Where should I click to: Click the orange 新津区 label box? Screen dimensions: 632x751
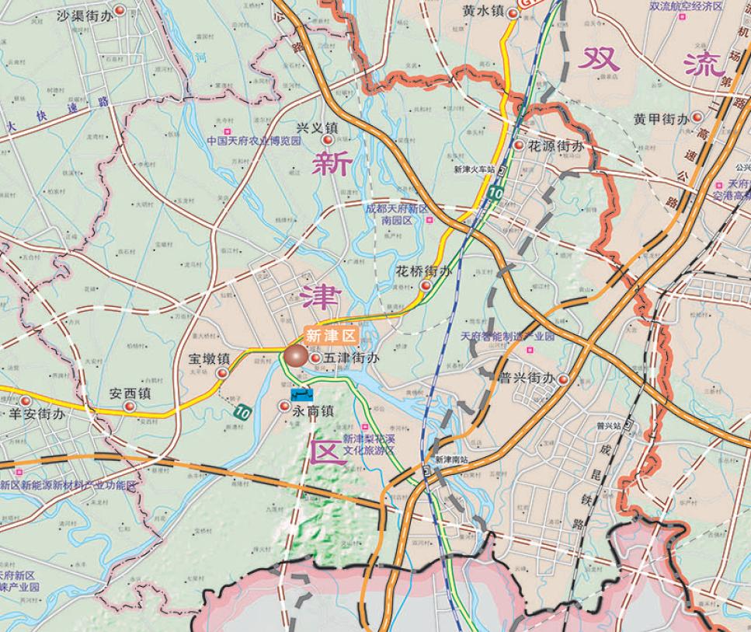coord(330,336)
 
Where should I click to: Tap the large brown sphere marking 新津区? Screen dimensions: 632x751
coord(295,356)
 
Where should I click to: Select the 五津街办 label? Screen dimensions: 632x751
coord(352,358)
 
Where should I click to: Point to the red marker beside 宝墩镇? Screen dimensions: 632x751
coord(222,373)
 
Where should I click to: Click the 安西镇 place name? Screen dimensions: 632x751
coord(130,394)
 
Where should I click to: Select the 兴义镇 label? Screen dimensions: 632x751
coord(318,127)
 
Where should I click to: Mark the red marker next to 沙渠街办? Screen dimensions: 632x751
coord(120,11)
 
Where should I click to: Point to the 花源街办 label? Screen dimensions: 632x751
coord(555,145)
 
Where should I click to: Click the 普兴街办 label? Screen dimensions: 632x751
coord(527,379)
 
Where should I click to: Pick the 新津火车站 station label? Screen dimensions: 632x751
coord(474,169)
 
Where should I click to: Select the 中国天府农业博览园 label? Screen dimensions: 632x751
coord(253,142)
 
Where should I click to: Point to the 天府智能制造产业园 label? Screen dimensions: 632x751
coord(507,337)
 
